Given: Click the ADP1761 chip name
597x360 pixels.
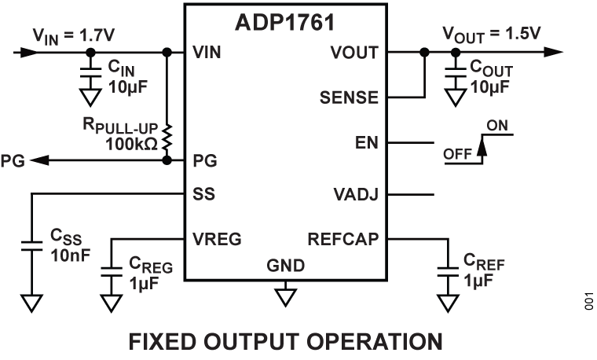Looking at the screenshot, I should tap(285, 23).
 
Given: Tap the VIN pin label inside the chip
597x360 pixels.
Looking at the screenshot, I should tap(207, 53).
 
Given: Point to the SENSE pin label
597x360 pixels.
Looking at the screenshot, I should tap(349, 99).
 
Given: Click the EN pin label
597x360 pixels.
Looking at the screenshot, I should tap(367, 144).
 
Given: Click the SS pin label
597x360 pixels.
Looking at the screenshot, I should tap(203, 193).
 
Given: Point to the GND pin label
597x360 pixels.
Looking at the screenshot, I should tap(285, 266).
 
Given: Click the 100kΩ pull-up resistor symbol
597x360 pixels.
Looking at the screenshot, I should tap(167, 135).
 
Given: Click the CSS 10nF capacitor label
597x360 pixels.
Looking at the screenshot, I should tap(67, 245).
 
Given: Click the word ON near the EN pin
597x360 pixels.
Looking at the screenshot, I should tap(497, 125).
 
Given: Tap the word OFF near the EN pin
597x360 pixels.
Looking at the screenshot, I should tap(458, 154).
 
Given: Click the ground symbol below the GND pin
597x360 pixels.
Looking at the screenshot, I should tap(285, 296).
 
